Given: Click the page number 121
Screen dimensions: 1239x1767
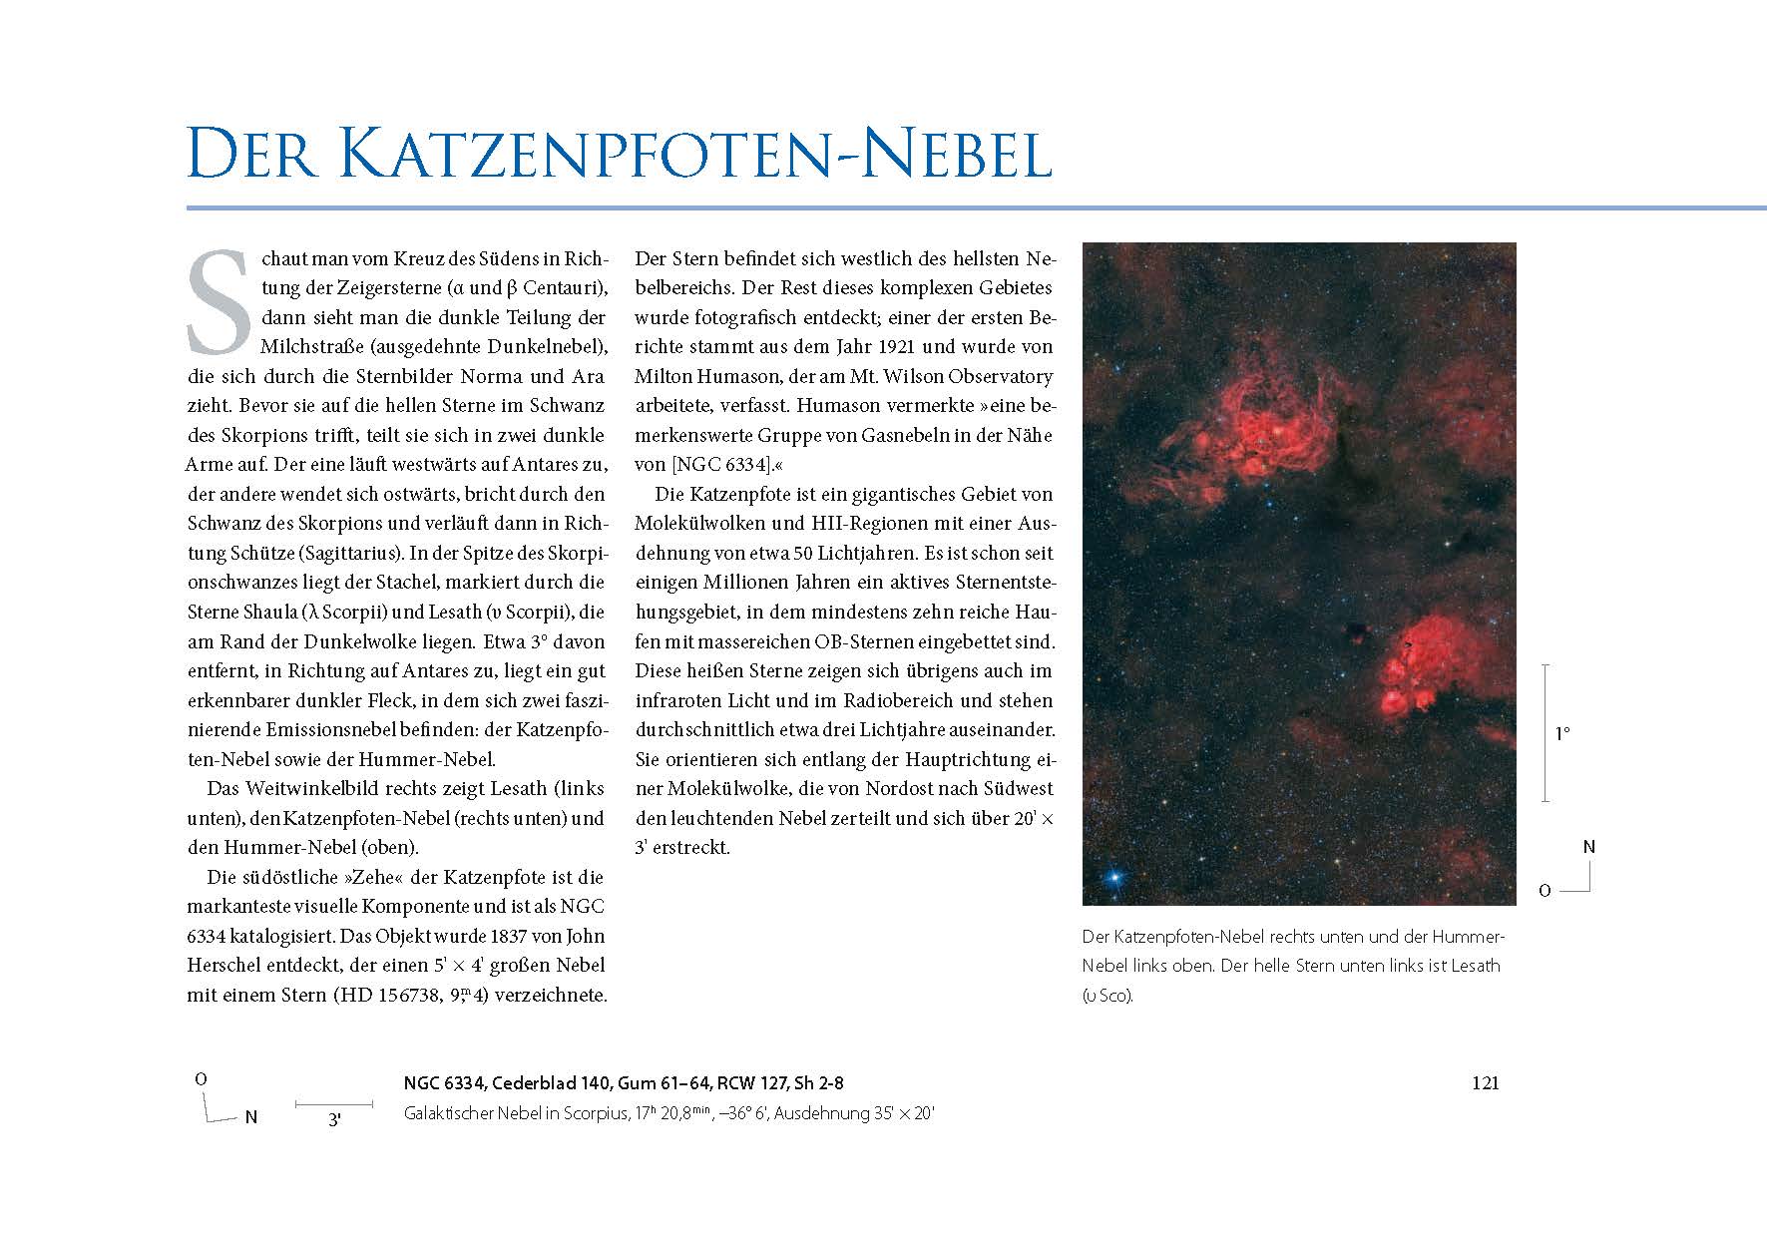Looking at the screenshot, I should pos(1485,1083).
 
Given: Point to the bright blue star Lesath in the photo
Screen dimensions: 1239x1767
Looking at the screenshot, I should pos(1113,879).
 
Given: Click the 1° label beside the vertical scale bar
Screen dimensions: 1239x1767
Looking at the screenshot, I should pos(1561,734).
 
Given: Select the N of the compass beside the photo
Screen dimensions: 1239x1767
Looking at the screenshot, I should pos(1589,847).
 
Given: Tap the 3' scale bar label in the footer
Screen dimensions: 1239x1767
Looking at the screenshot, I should pos(334,1120).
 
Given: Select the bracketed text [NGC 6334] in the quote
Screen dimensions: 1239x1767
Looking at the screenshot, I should pos(720,465).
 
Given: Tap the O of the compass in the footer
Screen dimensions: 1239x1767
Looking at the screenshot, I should pos(201,1079).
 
